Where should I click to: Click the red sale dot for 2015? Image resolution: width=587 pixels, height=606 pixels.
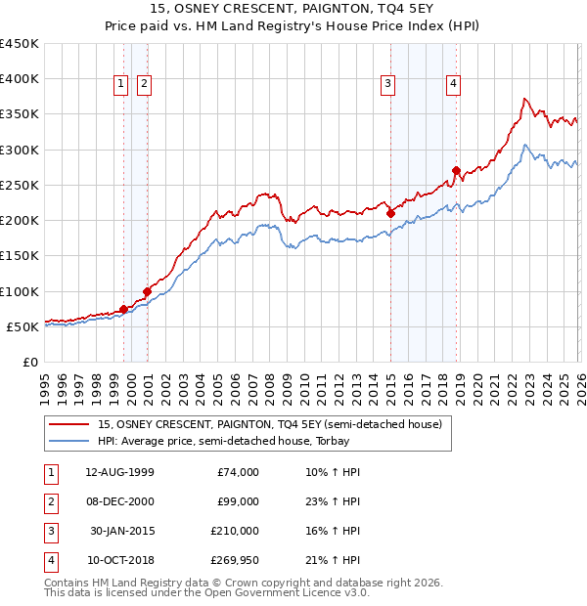(x=390, y=213)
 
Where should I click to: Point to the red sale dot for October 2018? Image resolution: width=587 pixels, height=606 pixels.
(x=456, y=171)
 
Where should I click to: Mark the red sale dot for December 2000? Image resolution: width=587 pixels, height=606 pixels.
(x=147, y=291)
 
